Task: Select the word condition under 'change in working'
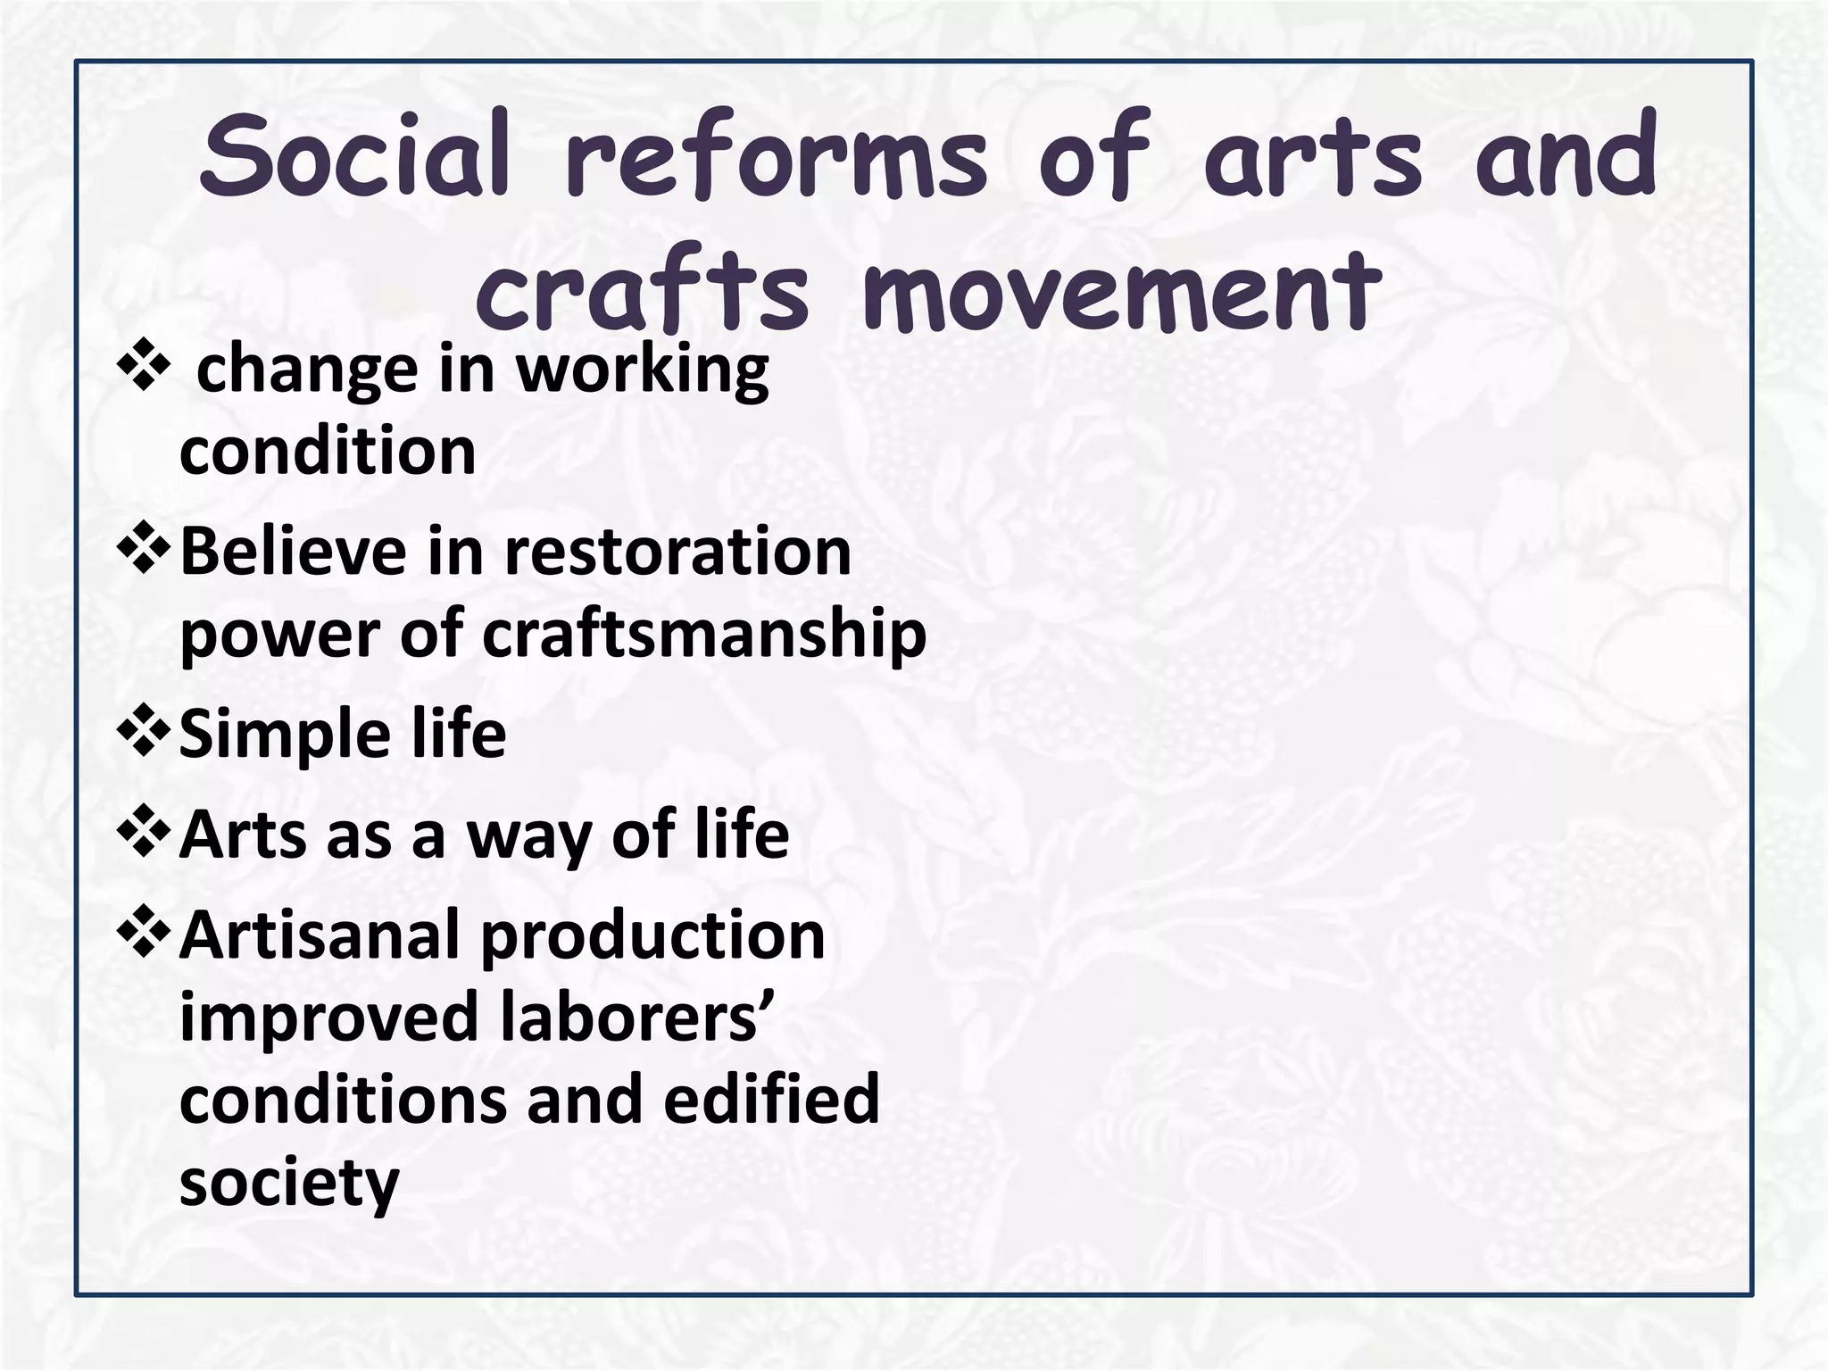pyautogui.click(x=328, y=451)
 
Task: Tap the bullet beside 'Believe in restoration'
pyautogui.click(x=144, y=551)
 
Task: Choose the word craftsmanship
pyautogui.click(x=704, y=635)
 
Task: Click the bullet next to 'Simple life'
pyautogui.click(x=144, y=734)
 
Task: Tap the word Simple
pyautogui.click(x=285, y=735)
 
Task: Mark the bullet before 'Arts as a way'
pyautogui.click(x=144, y=834)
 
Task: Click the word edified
pyautogui.click(x=771, y=1099)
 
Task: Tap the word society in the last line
pyautogui.click(x=289, y=1183)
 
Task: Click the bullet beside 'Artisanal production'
pyautogui.click(x=144, y=934)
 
